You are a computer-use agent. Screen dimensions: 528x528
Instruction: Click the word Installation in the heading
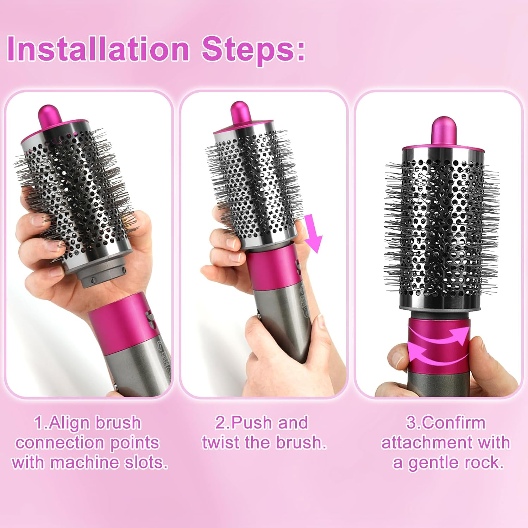(98, 49)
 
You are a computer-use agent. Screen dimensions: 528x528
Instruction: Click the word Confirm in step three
(452, 423)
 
